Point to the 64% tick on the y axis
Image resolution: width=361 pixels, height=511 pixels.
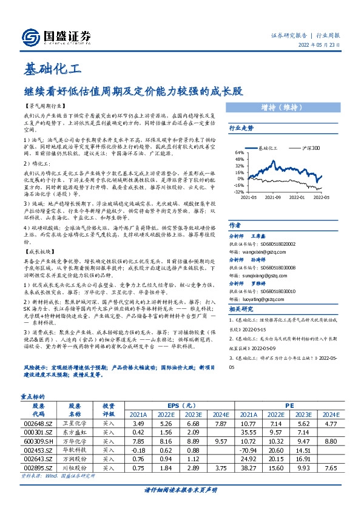240,153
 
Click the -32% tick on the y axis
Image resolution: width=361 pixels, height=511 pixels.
238,191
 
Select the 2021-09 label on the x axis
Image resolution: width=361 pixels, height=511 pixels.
274,197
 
